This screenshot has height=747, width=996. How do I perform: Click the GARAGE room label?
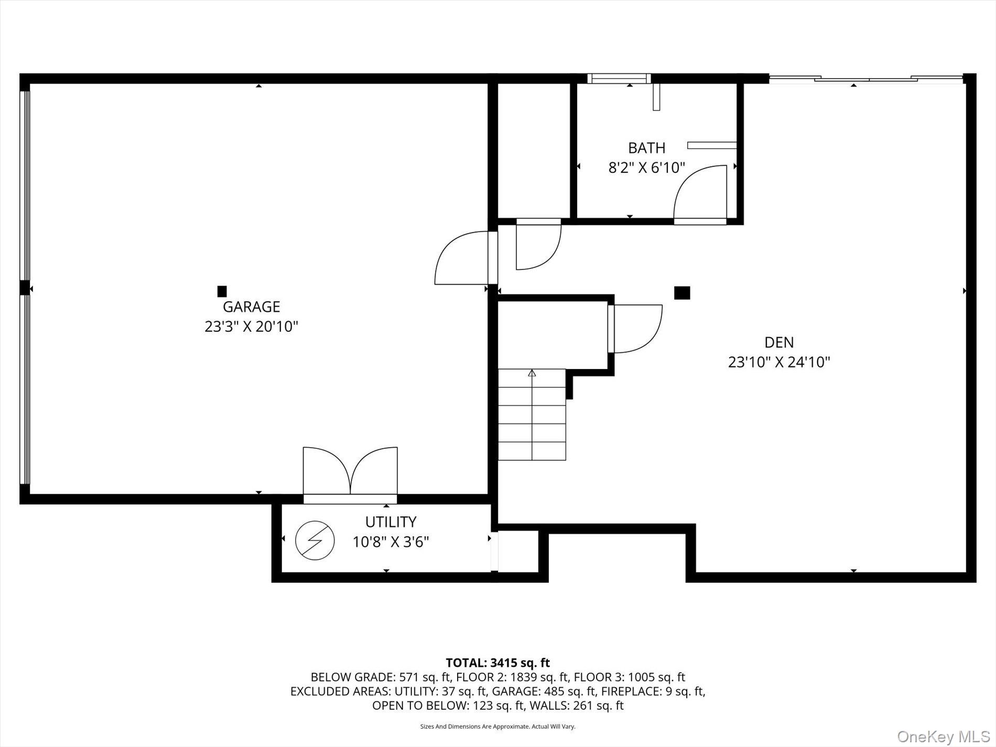click(x=251, y=307)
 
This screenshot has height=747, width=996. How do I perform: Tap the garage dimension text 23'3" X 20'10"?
click(x=251, y=327)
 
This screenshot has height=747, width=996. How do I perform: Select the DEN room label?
click(x=779, y=342)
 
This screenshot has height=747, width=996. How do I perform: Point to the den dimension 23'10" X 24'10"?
click(x=779, y=362)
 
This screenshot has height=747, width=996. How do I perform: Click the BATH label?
click(x=646, y=148)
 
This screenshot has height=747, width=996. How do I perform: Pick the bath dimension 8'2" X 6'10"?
click(x=646, y=168)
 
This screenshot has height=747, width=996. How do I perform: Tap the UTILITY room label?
click(x=391, y=522)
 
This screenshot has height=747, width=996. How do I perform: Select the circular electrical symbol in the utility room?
click(x=315, y=540)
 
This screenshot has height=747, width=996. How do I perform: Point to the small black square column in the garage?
click(x=222, y=291)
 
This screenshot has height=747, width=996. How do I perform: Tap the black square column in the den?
click(x=682, y=293)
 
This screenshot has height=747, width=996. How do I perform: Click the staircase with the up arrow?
click(x=532, y=414)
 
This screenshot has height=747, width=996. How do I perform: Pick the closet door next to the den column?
click(x=635, y=329)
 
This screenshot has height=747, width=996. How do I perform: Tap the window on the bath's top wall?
click(x=619, y=79)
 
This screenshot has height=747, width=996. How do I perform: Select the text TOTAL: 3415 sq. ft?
click(x=497, y=663)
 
